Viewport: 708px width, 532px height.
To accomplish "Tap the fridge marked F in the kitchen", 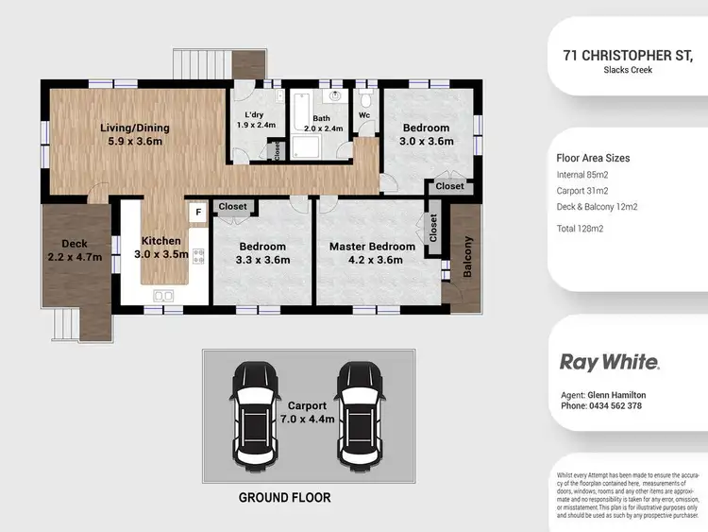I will [198, 213].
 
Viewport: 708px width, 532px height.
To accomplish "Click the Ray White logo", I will [610, 362].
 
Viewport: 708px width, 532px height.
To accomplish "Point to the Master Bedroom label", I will [372, 253].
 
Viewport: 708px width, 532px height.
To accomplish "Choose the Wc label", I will [364, 116].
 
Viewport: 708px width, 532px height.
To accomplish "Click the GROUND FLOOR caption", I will [284, 497].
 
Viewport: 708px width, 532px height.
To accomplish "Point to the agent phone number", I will [601, 406].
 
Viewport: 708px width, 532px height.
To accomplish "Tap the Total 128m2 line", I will [582, 229].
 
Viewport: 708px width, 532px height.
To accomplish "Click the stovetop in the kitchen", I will [198, 255].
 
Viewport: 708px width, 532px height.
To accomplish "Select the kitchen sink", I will [162, 297].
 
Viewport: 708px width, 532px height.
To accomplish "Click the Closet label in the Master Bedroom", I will [433, 228].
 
